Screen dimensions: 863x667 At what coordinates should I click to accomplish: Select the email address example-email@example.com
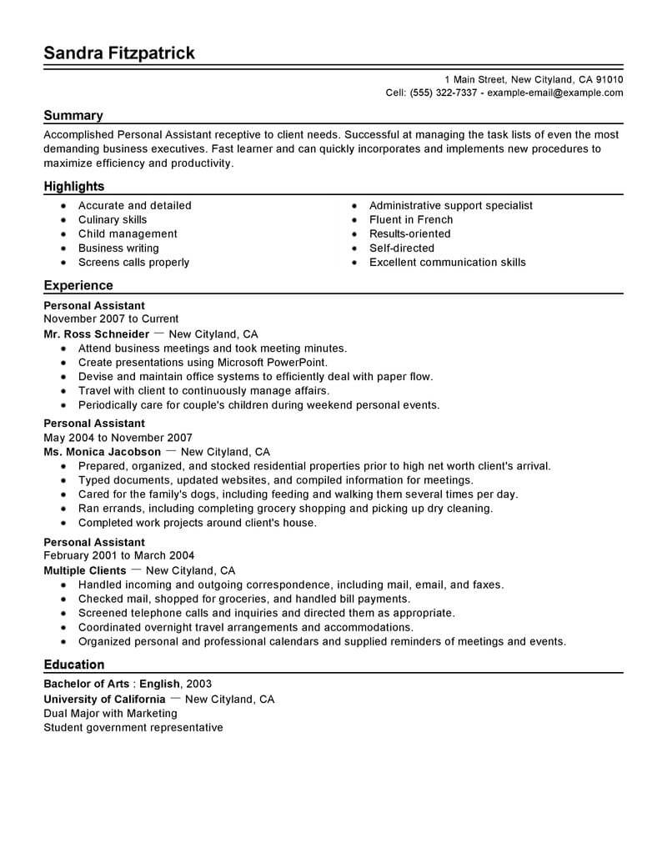(554, 93)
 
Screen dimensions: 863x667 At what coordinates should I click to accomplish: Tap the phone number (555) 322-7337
(444, 93)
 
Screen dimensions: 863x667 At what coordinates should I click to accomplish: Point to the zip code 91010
(608, 79)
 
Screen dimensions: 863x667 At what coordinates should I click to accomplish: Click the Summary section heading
(73, 116)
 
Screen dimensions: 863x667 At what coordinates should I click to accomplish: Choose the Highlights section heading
(74, 187)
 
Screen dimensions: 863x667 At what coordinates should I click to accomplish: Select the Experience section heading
(78, 285)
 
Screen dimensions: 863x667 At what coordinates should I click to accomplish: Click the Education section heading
(74, 665)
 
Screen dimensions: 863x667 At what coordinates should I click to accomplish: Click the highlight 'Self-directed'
(401, 248)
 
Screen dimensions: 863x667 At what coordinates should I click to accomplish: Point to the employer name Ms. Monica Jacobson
(102, 452)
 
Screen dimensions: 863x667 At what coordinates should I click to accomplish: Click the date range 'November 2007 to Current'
(111, 319)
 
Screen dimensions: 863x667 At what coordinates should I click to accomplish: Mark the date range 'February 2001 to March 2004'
(119, 556)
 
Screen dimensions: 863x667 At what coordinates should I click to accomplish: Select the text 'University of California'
(104, 699)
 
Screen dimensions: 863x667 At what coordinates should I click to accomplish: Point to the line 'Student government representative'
(133, 727)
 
